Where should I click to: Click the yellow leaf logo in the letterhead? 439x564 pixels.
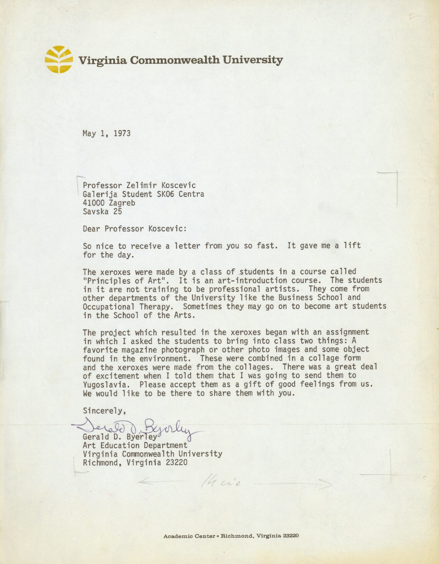58,60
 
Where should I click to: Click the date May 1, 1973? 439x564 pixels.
106,133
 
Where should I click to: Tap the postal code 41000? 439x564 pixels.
94,203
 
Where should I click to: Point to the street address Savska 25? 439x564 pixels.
102,211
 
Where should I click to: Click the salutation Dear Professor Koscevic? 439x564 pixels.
135,229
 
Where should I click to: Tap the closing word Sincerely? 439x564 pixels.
104,411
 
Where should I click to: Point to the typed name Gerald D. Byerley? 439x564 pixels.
120,437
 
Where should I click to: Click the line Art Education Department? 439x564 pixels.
135,446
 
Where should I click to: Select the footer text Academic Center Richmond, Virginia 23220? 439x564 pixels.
231,536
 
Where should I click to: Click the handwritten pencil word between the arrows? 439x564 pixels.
222,482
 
